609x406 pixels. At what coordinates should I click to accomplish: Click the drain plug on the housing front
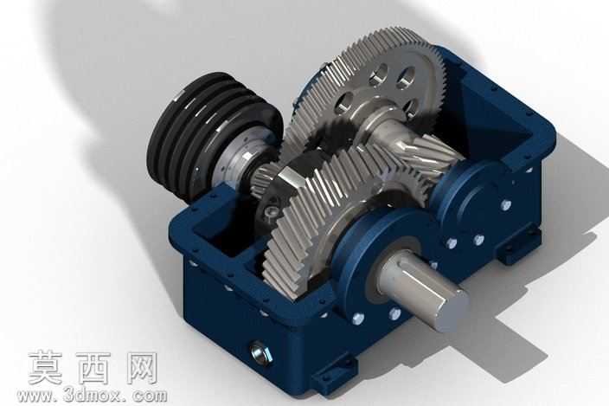tap(261, 351)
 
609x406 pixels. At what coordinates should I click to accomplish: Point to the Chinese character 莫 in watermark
tap(46, 368)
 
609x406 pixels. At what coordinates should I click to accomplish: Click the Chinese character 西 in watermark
tap(93, 368)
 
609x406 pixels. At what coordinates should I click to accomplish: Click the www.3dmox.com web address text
tap(92, 396)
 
